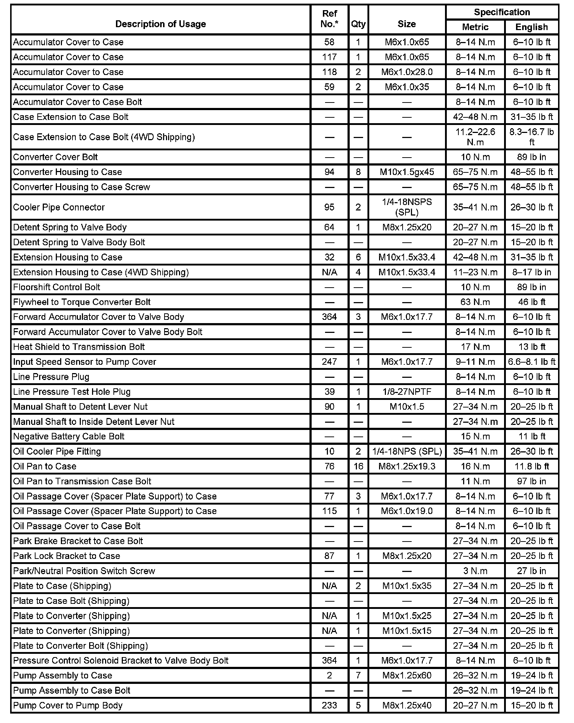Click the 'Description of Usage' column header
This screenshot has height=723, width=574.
click(161, 24)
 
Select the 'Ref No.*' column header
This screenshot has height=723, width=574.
click(329, 19)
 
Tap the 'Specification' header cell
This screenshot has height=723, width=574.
click(502, 12)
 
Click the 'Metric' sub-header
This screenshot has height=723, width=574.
click(475, 27)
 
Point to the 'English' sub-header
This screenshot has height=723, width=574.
click(532, 27)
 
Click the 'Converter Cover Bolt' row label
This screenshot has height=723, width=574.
click(55, 157)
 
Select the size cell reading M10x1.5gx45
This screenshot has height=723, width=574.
click(407, 172)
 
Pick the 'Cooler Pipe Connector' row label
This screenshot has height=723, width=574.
click(59, 207)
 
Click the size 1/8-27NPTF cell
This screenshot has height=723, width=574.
click(407, 392)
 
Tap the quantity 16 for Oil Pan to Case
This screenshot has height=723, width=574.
click(358, 466)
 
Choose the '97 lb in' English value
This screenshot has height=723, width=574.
click(532, 481)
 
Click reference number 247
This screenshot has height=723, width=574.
click(329, 361)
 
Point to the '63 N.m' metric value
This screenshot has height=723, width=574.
click(475, 302)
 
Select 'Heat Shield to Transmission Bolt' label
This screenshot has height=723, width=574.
click(79, 347)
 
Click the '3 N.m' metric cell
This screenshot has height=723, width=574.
click(475, 571)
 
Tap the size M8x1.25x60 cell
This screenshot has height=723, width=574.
click(407, 676)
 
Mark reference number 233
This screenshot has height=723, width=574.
click(329, 705)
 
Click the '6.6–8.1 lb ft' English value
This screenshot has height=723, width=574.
click(532, 361)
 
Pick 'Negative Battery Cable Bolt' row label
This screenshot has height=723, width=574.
click(69, 436)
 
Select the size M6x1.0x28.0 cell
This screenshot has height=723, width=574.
click(407, 72)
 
